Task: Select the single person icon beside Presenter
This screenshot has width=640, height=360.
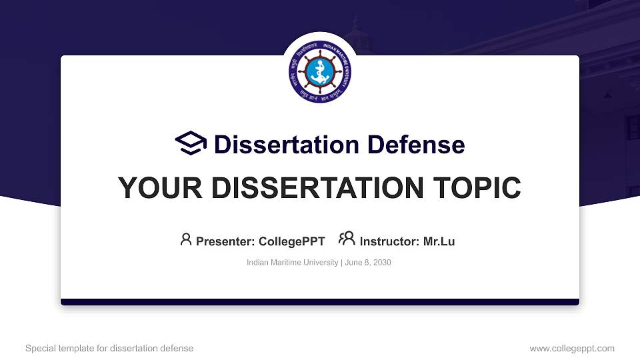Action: coord(186,239)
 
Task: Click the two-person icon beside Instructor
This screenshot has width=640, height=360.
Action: coord(346,239)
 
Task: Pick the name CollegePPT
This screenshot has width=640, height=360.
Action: coord(291,241)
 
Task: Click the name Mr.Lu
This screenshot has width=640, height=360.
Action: coord(439,241)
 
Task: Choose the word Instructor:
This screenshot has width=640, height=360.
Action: coord(389,241)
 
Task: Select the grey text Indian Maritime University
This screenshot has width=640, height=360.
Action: coord(292,263)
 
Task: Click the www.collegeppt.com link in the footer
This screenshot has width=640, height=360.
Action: coord(572,348)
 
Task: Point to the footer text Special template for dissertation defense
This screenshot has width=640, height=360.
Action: coord(109,348)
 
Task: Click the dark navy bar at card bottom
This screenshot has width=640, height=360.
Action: coord(320,302)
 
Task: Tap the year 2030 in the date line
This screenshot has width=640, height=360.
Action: coord(382,263)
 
